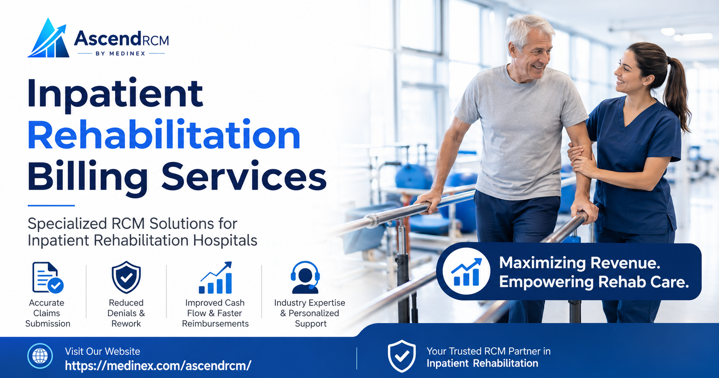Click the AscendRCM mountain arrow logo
[x=49, y=38]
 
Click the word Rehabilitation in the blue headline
[x=164, y=135]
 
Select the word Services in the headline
[x=244, y=177]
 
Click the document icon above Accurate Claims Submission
[x=47, y=277]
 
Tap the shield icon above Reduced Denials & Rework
[x=126, y=277]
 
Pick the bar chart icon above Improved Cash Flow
[x=215, y=277]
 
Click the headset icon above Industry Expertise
[x=305, y=277]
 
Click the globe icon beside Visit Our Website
[x=40, y=356]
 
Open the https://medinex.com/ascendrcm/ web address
[x=158, y=366]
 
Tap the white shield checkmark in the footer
[x=401, y=356]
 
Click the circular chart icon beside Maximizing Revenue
[x=466, y=272]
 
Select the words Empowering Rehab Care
[x=594, y=282]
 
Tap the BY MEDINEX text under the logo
[x=121, y=54]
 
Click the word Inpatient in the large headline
[x=115, y=94]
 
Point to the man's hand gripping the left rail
[x=428, y=201]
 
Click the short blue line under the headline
[x=51, y=205]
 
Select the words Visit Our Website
[x=102, y=351]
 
